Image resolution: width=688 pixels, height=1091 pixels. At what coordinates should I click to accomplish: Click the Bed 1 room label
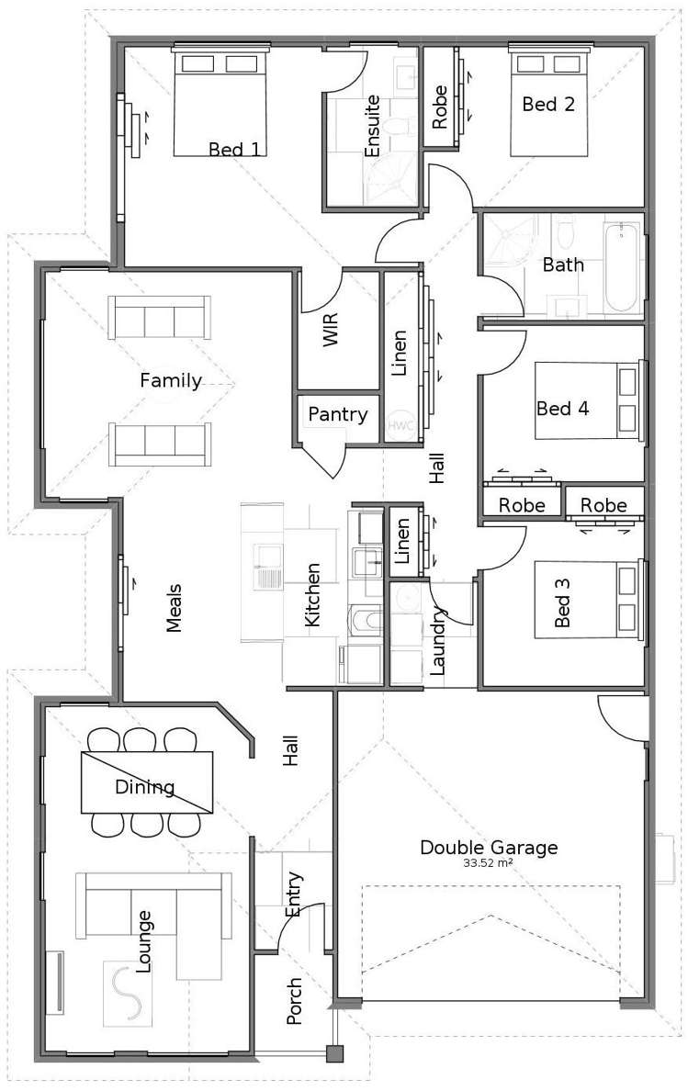point(234,149)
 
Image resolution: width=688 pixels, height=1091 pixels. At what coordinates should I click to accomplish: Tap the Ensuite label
point(372,126)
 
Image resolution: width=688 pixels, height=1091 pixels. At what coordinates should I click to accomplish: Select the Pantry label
point(337,415)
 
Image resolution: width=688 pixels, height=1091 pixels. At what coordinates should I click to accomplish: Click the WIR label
point(331,330)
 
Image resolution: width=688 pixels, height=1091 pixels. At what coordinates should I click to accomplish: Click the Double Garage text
point(489,848)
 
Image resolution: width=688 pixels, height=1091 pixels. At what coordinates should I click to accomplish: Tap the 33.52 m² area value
point(489,863)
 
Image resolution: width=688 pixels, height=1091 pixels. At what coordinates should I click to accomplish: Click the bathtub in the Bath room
point(621,267)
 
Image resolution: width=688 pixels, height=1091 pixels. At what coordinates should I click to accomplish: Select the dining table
point(147,782)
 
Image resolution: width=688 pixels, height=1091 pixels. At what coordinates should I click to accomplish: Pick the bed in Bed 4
point(588,400)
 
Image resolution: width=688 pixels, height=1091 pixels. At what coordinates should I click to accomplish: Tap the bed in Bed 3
point(588,600)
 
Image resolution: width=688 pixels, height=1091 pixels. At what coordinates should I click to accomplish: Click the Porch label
point(294,1001)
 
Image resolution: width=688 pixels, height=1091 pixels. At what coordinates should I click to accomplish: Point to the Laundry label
point(437,641)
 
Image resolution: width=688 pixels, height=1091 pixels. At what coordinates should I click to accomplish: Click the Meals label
point(174,607)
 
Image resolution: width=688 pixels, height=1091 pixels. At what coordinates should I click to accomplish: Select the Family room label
point(171,380)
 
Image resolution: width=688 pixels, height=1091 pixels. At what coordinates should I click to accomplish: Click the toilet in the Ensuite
point(398,128)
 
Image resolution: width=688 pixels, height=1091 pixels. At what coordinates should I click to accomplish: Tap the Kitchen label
point(313,595)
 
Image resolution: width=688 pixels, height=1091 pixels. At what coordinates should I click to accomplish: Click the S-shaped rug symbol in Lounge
point(128,993)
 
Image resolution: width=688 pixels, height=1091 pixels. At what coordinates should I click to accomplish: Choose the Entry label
point(294,894)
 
